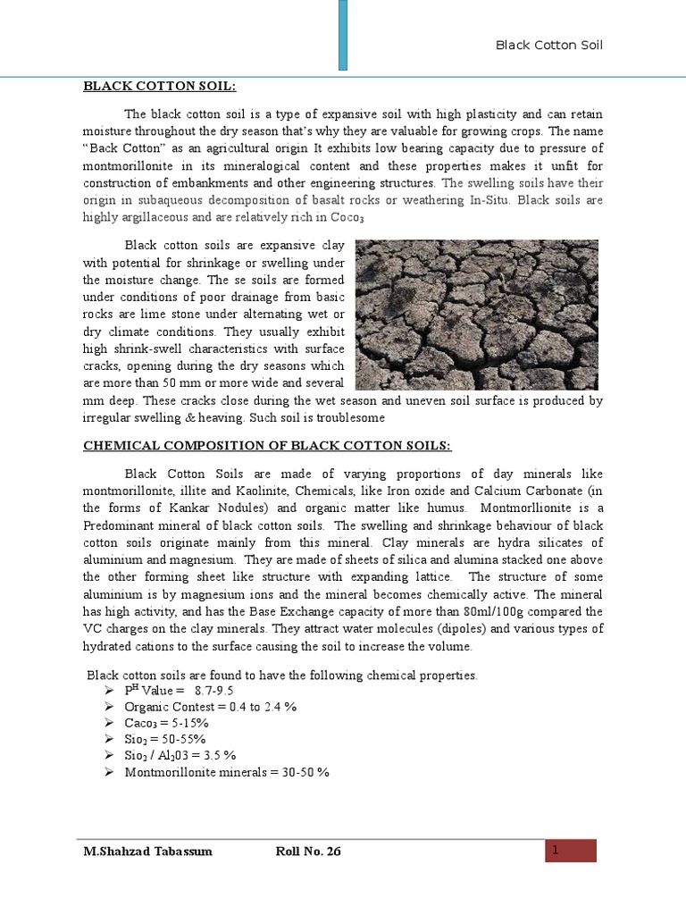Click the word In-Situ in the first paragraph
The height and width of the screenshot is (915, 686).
pos(492,200)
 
